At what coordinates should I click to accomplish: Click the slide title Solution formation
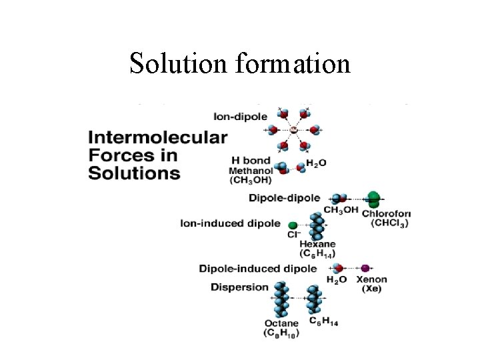[240, 64]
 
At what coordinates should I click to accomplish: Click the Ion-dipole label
[240, 117]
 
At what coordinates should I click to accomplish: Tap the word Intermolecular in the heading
[157, 139]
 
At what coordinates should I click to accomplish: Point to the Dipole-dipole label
[284, 198]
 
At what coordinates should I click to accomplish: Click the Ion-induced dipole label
[230, 223]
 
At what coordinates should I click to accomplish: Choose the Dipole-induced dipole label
[257, 269]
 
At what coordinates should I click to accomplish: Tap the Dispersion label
[239, 287]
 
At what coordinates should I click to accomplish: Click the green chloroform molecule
[374, 198]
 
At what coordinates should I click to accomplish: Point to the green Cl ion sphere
[292, 224]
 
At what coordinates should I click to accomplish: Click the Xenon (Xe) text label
[371, 284]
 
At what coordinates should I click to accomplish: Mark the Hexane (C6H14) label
[317, 249]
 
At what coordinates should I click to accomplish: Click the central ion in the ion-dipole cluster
[293, 129]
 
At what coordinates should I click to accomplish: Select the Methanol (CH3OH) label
[251, 175]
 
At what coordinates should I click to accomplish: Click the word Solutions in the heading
[134, 173]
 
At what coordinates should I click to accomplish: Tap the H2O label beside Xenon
[337, 280]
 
